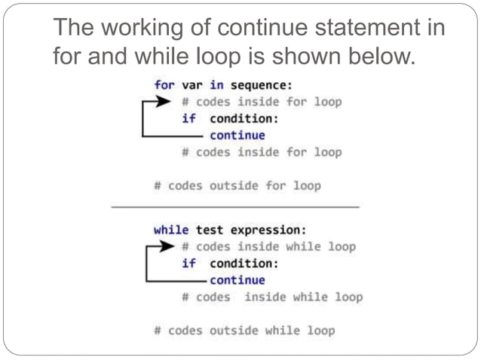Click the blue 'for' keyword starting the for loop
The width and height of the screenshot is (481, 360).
[x=164, y=84]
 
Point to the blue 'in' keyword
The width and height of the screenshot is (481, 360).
[x=216, y=84]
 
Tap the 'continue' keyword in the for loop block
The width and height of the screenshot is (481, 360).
[x=237, y=136]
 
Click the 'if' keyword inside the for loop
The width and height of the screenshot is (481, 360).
[x=188, y=119]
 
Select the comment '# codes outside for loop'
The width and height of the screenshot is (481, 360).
[x=237, y=185]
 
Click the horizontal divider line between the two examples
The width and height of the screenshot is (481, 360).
[x=235, y=206]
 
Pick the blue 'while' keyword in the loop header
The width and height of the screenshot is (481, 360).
[x=171, y=230]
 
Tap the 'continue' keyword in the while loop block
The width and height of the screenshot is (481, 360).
[x=237, y=280]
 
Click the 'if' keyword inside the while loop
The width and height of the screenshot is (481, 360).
[x=188, y=264]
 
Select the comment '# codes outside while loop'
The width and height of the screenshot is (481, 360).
[x=244, y=330]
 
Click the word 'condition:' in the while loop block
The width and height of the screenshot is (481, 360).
[x=244, y=264]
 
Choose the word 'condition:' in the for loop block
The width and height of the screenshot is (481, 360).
[x=244, y=119]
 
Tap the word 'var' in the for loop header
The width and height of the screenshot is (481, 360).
[x=191, y=84]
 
